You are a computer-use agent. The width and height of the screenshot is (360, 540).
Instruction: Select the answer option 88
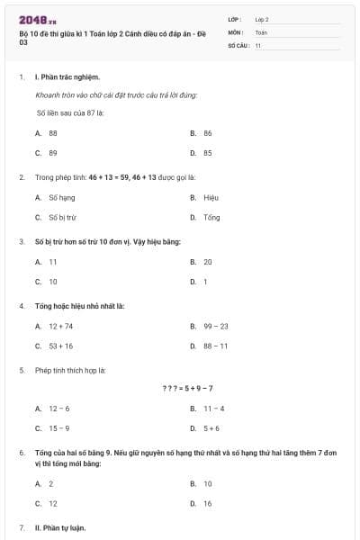click(x=52, y=132)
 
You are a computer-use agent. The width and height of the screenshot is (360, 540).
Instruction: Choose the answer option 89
click(x=52, y=153)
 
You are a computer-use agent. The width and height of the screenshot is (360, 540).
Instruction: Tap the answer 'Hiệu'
click(x=211, y=197)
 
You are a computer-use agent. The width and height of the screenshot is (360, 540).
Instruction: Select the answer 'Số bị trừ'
click(x=62, y=218)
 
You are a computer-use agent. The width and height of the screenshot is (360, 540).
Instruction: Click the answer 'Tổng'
click(x=211, y=218)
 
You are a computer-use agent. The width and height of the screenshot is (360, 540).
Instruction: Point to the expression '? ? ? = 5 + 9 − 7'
click(x=187, y=388)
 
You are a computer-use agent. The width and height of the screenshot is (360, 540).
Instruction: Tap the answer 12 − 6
click(x=58, y=409)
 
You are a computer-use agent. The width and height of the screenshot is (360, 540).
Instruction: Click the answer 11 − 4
click(x=213, y=409)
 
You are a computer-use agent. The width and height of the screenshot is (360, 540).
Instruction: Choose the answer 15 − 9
click(x=58, y=429)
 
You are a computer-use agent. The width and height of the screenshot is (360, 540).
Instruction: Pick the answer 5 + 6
click(x=211, y=429)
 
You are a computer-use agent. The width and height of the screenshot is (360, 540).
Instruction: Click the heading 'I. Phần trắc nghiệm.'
click(x=67, y=77)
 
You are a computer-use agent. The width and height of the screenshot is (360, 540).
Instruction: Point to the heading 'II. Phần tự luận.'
click(x=61, y=526)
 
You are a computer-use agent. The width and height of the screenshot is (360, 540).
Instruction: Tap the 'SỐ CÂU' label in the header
click(x=238, y=44)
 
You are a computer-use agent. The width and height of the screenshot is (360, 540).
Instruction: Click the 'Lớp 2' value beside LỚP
click(x=262, y=19)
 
